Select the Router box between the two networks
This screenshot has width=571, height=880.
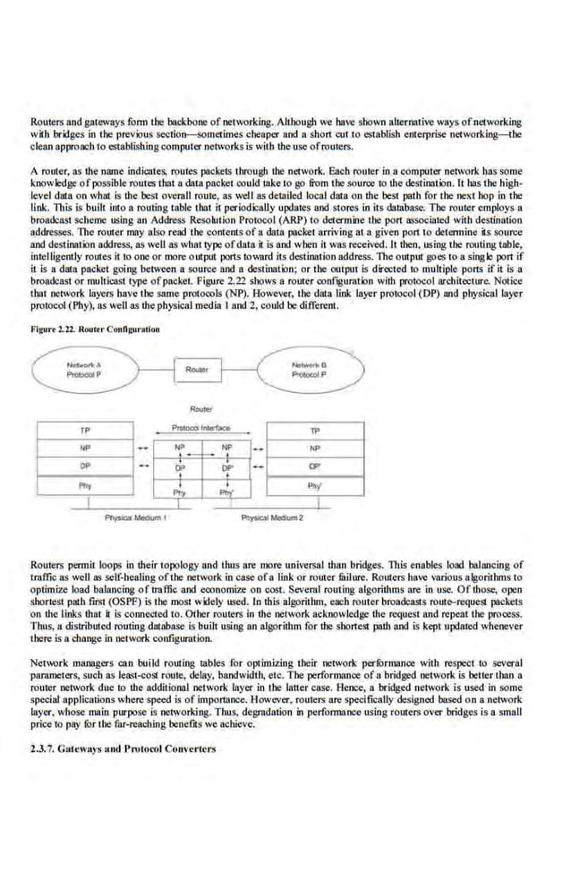[x=197, y=369]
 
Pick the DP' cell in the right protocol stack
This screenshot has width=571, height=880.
[x=314, y=466]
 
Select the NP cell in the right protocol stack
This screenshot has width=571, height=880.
[x=314, y=448]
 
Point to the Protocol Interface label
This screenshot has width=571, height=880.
[x=201, y=428]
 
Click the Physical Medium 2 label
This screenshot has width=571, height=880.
[x=273, y=518]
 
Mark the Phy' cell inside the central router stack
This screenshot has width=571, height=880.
[x=227, y=491]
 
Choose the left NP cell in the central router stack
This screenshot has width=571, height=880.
[x=180, y=446]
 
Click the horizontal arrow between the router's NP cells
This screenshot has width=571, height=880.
[x=203, y=455]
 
